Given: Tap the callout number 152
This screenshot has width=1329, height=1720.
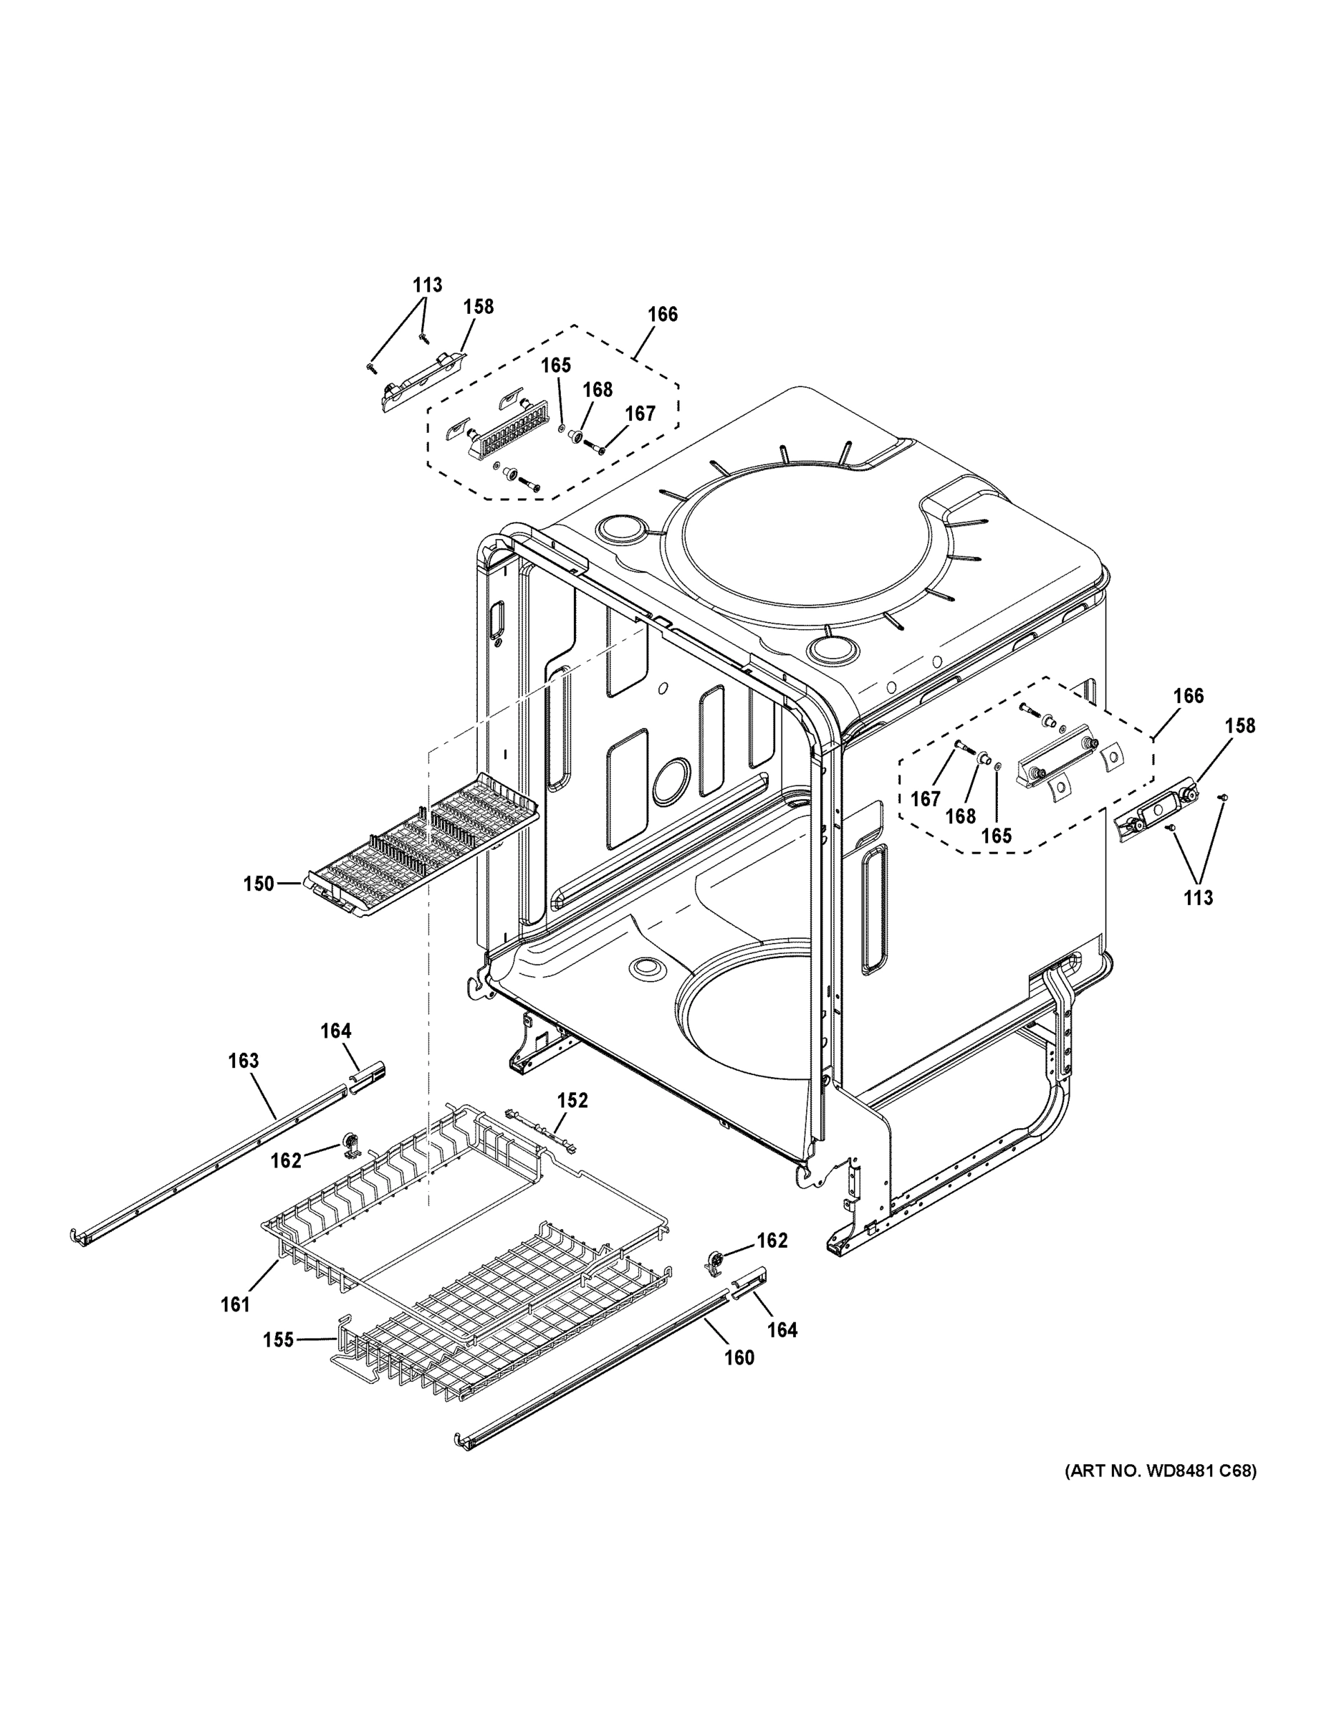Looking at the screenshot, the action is (x=572, y=1100).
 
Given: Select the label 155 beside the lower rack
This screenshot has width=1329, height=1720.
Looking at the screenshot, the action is (x=278, y=1339).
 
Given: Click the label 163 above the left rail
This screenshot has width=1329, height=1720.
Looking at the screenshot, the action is (x=244, y=1061).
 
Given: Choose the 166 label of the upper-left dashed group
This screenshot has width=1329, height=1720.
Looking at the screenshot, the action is (x=662, y=314).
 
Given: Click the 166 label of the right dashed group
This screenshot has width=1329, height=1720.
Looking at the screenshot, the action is (x=1188, y=695).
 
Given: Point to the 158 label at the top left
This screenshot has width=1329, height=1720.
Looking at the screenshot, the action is (x=478, y=306).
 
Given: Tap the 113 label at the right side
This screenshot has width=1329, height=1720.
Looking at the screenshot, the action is (x=1199, y=897).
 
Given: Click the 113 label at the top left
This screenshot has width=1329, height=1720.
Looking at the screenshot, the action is (x=427, y=285).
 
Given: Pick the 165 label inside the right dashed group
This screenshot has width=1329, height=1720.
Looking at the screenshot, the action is (x=996, y=836).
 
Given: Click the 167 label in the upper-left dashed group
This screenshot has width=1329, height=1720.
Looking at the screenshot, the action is (x=640, y=414).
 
